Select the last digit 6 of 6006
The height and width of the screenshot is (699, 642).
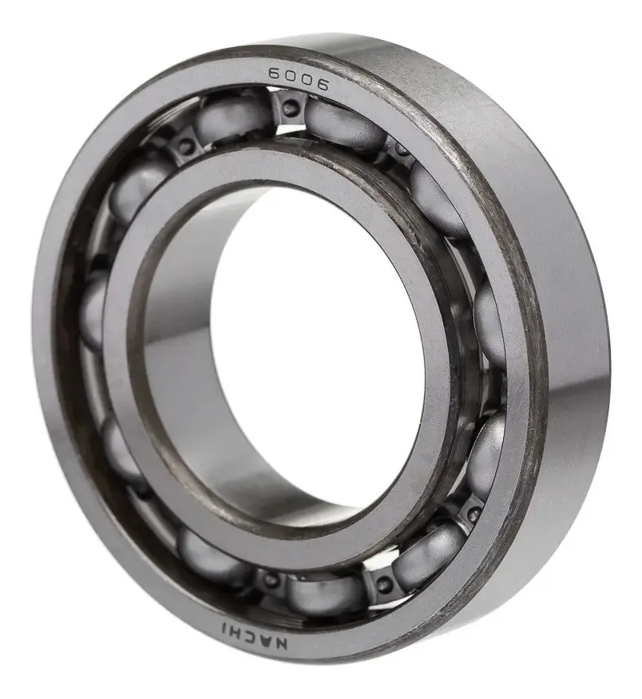322,85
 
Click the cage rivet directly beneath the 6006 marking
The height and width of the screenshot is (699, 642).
290,106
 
